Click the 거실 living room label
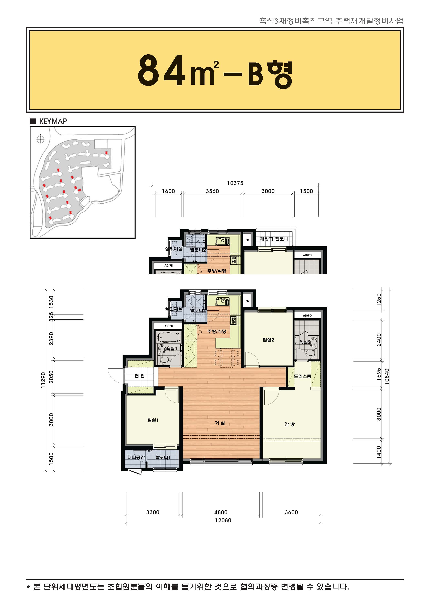click(x=220, y=423)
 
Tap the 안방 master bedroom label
click(x=289, y=424)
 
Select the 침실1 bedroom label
click(x=153, y=420)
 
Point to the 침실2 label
click(x=268, y=340)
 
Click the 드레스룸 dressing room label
click(x=302, y=376)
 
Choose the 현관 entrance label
click(x=139, y=376)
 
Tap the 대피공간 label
click(x=136, y=457)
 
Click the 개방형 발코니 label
click(x=274, y=239)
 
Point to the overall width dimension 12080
click(x=223, y=520)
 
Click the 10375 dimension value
click(x=235, y=183)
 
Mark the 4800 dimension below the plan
click(x=221, y=512)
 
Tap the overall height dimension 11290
click(x=43, y=380)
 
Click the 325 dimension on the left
click(x=51, y=317)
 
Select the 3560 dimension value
click(x=212, y=191)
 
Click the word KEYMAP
click(x=53, y=121)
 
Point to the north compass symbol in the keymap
click(x=40, y=139)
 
